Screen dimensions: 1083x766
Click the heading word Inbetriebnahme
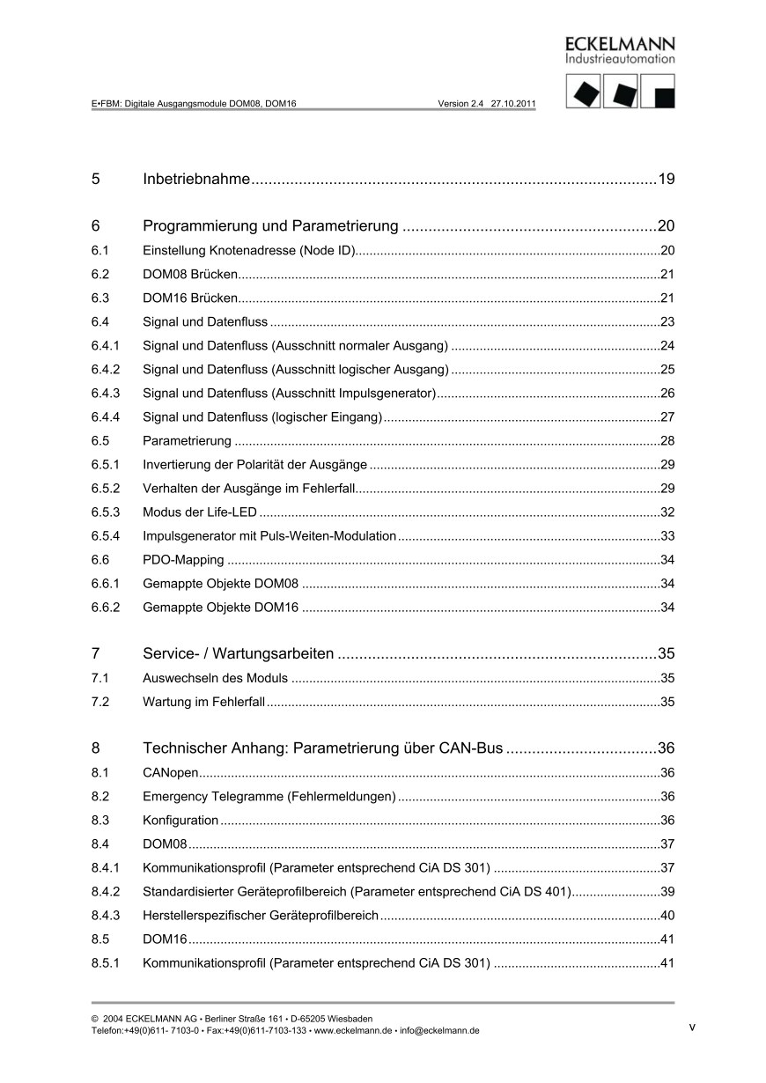196,180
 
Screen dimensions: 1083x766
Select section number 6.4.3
106,393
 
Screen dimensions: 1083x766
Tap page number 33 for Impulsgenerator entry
667,535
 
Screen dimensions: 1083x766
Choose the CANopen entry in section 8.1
170,773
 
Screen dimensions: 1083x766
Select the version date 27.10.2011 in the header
513,103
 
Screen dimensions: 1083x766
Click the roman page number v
692,1027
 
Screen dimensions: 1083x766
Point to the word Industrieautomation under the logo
620,59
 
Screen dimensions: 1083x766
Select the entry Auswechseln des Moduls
215,679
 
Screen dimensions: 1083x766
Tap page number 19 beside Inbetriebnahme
666,180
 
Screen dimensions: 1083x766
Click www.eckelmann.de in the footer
352,1031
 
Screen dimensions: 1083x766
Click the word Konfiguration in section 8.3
180,821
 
